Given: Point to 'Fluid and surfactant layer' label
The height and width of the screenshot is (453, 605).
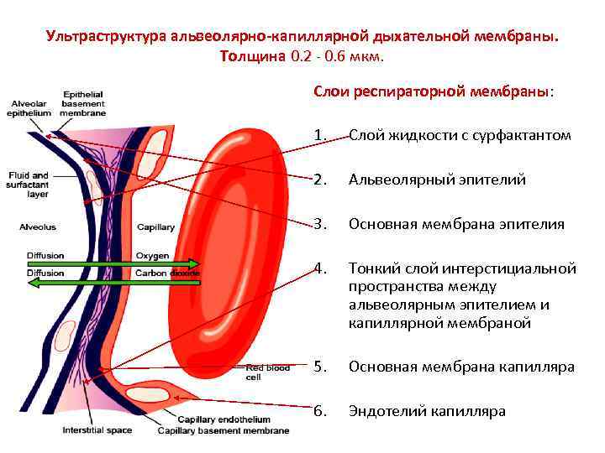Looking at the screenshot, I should tap(29, 185).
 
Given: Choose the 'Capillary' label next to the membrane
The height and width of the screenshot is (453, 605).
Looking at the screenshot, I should tap(155, 227).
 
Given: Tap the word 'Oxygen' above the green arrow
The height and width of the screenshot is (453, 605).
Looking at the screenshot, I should tap(152, 256).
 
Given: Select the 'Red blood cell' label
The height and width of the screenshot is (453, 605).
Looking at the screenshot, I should tap(268, 372).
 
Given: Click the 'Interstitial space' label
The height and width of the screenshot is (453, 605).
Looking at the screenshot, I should tap(97, 431).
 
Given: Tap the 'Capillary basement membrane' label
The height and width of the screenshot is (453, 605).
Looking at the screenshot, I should tap(224, 431).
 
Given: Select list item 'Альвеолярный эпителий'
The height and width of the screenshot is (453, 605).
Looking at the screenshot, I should tap(437, 180).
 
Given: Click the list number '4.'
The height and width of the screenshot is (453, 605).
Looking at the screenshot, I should tap(318, 269).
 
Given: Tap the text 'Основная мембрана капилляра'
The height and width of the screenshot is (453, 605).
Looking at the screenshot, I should tap(461, 367).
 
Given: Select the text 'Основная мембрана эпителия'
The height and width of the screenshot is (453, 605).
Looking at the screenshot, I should tap(456, 225).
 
